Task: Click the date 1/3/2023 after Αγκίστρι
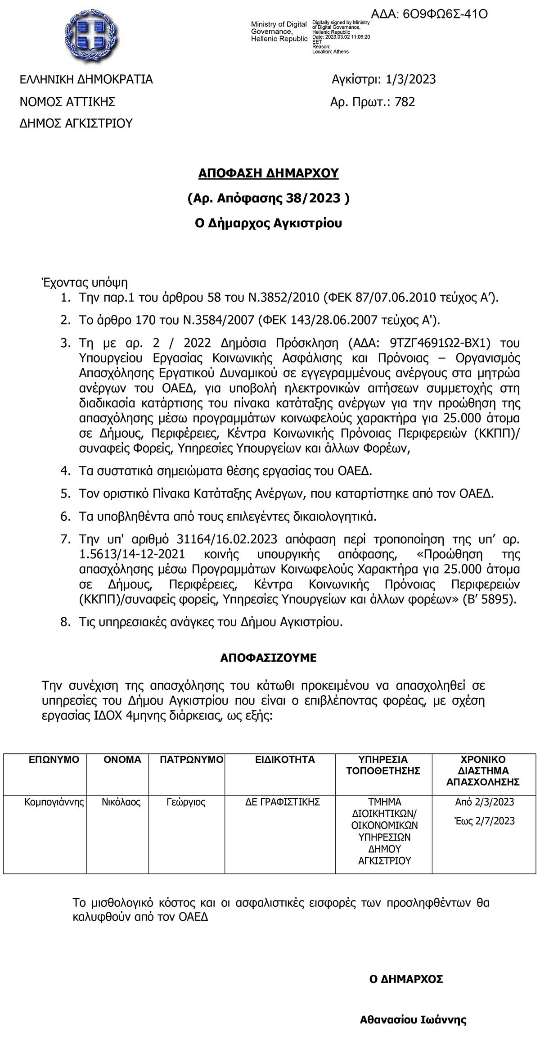[411, 80]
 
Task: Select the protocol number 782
[405, 102]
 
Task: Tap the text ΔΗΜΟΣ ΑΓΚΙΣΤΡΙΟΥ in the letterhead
[76, 123]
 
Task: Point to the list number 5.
[65, 493]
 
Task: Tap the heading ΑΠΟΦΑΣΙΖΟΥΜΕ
[268, 658]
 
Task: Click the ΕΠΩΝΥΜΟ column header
[54, 760]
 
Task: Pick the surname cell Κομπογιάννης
[54, 802]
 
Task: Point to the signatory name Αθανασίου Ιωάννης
[413, 1007]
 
